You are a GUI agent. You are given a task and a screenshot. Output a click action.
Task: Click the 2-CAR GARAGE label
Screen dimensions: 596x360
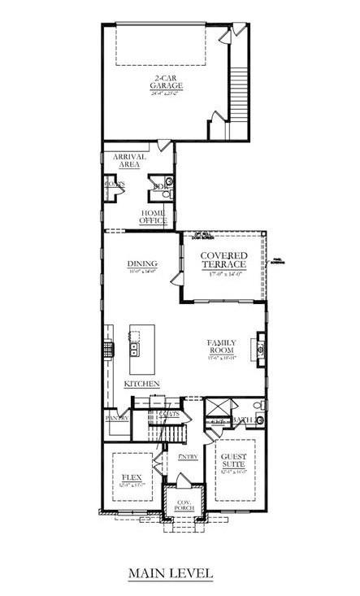tap(166, 83)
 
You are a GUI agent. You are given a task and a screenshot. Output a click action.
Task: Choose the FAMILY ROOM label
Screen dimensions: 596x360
tap(221, 348)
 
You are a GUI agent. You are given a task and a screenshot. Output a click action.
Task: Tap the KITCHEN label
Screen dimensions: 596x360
tap(141, 383)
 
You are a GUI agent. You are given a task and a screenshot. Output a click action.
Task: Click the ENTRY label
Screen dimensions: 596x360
tap(188, 457)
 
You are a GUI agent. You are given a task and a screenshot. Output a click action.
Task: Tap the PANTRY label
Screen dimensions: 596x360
tap(117, 418)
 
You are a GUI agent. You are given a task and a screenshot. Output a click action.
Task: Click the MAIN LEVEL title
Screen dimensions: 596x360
tap(170, 574)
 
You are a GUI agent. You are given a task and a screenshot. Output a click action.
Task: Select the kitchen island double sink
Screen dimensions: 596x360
tap(134, 350)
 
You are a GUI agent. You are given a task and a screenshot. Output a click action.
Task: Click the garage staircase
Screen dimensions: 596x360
tap(236, 98)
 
